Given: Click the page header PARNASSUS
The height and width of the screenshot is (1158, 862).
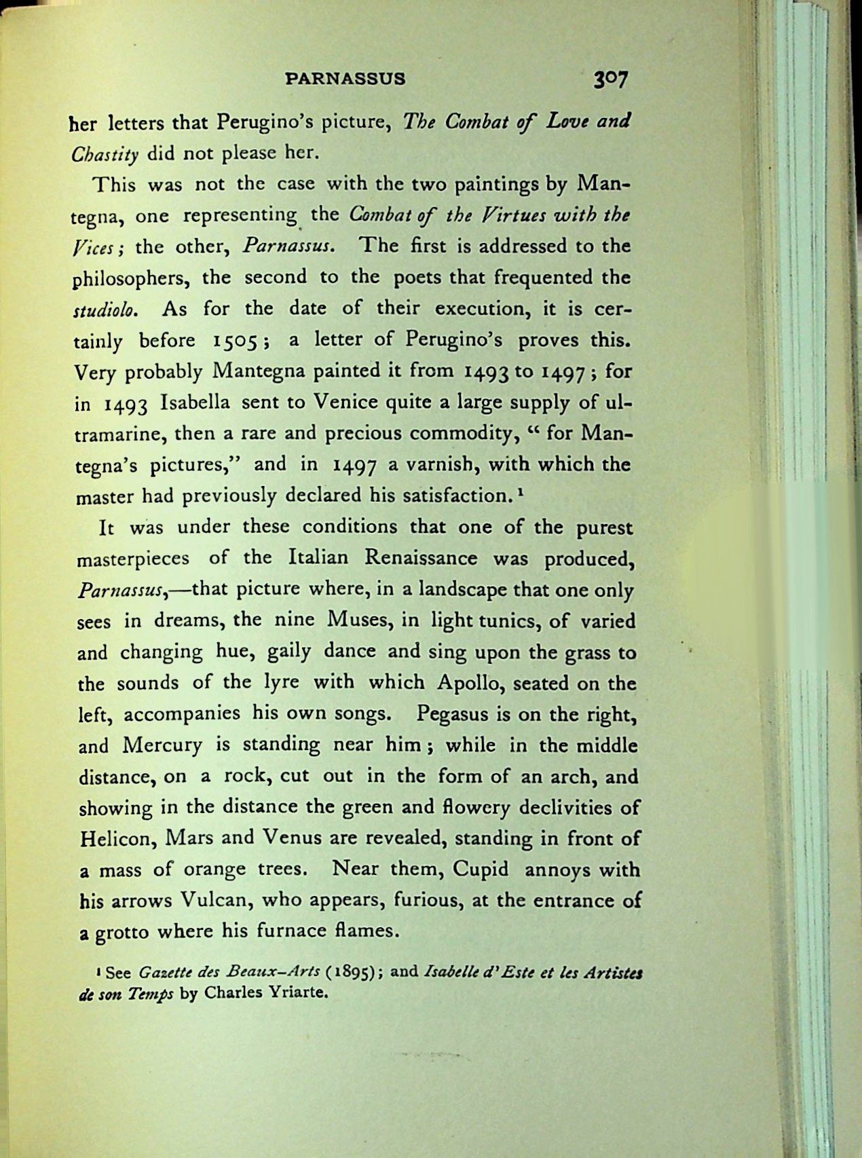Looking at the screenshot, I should click(x=345, y=78).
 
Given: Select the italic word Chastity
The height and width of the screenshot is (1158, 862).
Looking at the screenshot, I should click(x=105, y=153).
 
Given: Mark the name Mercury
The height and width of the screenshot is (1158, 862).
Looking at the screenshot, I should click(x=163, y=746).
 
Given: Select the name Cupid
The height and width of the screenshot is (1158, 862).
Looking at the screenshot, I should click(x=481, y=870).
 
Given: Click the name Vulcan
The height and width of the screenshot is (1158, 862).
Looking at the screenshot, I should click(x=217, y=901).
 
